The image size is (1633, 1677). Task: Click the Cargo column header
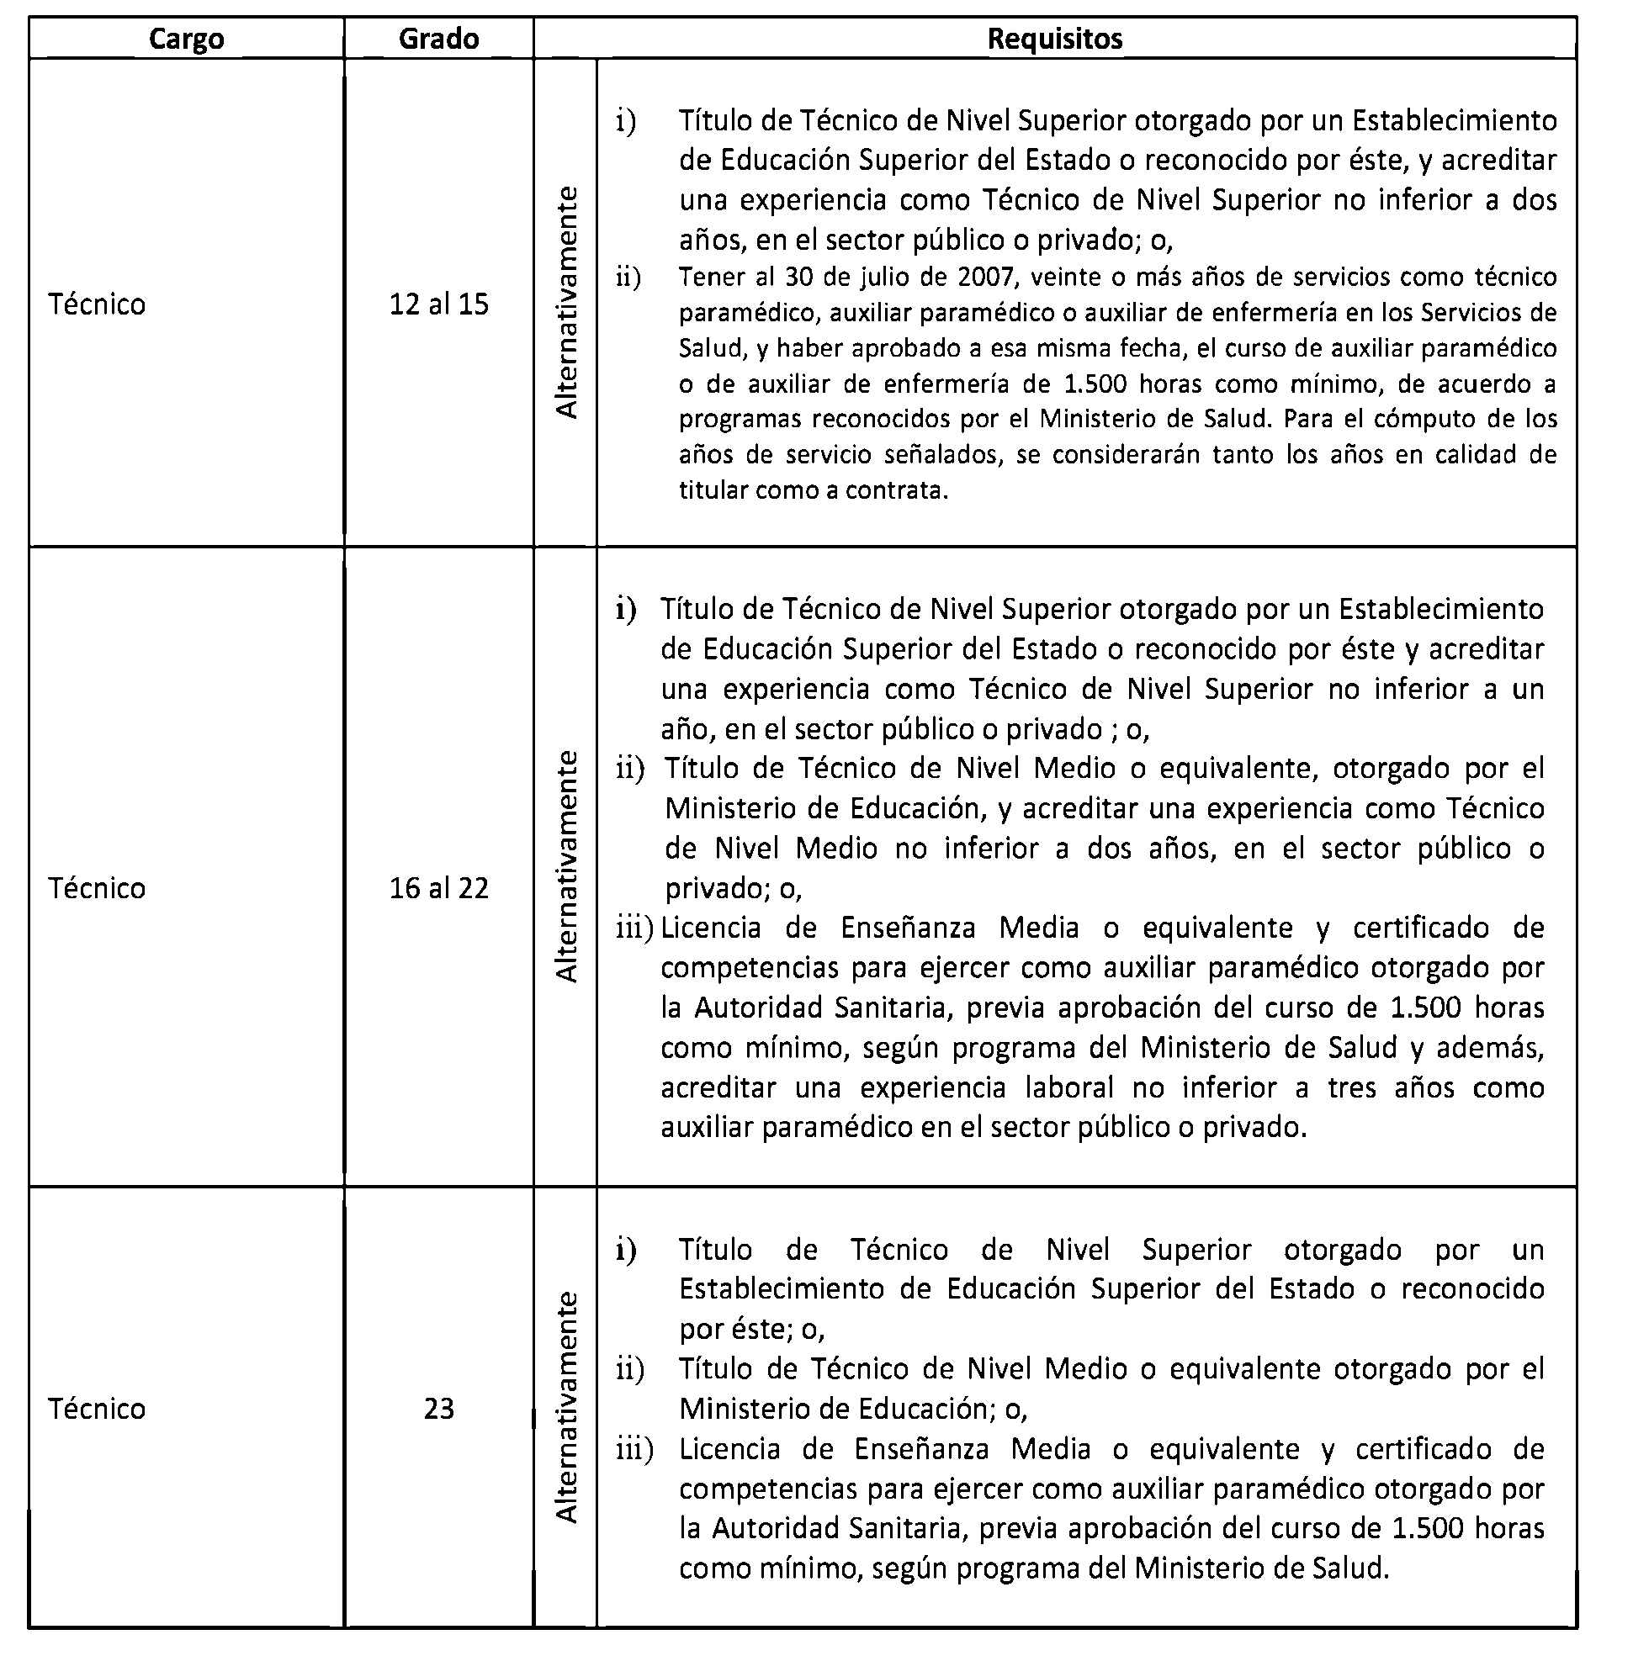click(186, 39)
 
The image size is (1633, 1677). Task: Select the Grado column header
click(438, 39)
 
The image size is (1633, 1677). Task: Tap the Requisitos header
click(1054, 39)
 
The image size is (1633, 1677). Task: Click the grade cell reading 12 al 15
click(438, 304)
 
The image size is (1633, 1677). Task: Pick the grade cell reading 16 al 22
click(438, 888)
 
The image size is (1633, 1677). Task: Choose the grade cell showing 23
click(438, 1409)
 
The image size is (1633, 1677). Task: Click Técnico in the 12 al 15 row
click(97, 304)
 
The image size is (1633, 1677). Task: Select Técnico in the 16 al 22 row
click(97, 888)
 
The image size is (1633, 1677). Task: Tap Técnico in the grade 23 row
click(97, 1409)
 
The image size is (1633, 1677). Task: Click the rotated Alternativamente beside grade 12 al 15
click(567, 302)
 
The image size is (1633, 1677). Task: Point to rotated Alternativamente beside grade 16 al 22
click(567, 866)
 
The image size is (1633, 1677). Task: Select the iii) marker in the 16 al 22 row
click(634, 928)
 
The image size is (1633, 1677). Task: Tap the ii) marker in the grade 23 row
click(629, 1369)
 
